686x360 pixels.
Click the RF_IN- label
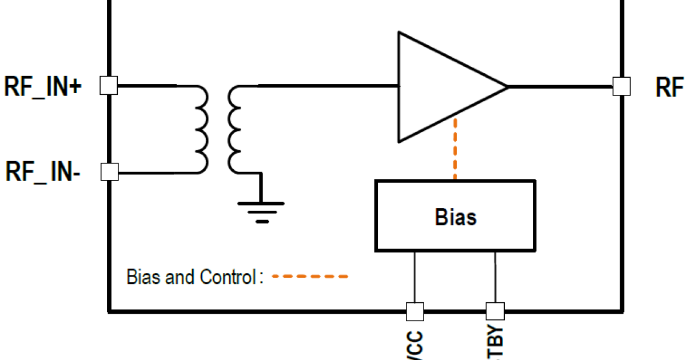point(43,171)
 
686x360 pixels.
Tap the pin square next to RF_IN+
point(109,86)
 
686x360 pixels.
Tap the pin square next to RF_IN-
point(109,171)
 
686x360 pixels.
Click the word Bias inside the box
point(456,217)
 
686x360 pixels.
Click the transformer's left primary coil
point(201,129)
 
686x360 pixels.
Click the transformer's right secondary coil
point(234,129)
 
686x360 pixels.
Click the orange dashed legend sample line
point(310,277)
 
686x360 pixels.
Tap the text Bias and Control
point(190,278)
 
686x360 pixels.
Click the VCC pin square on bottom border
point(414,311)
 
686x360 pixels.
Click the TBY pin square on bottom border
point(495,311)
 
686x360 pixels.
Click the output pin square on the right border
point(621,86)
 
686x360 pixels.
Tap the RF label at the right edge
point(669,87)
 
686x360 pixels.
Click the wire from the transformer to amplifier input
point(329,86)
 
